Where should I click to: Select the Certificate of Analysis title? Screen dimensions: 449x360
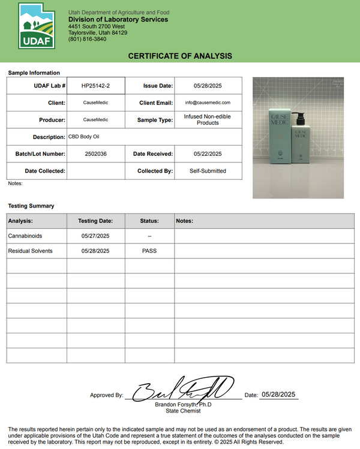[x=180, y=56]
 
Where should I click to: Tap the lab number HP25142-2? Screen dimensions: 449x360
[x=95, y=86]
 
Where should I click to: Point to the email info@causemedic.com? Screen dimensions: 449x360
[x=208, y=103]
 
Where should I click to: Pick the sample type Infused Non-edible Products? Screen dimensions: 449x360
[x=208, y=119]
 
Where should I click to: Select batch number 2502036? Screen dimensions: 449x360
[x=95, y=154]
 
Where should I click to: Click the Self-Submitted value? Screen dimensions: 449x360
[x=208, y=171]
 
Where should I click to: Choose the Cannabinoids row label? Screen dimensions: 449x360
[x=25, y=236]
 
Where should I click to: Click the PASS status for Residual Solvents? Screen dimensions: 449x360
[x=149, y=251]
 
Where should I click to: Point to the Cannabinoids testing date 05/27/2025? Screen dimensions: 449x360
[x=95, y=236]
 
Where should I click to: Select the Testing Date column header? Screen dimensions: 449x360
[x=95, y=221]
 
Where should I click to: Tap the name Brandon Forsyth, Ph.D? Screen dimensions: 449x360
[x=184, y=405]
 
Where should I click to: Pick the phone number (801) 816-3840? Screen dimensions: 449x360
[x=87, y=39]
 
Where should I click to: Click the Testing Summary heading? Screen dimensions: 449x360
[x=31, y=206]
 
